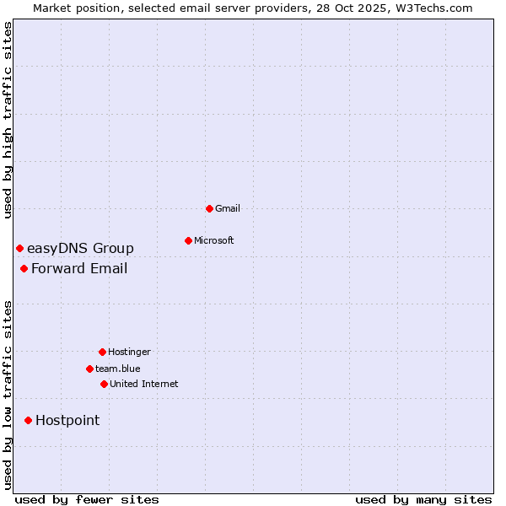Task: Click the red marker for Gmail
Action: pos(209,208)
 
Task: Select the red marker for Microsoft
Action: pos(188,240)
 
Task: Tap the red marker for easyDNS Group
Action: pos(19,248)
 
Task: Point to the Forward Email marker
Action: pos(24,268)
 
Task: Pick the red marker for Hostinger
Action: pos(102,352)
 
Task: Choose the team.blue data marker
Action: pos(89,369)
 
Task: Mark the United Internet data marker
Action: pos(104,384)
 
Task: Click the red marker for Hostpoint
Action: pos(28,420)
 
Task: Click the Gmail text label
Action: pos(228,208)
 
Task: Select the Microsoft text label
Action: pos(214,240)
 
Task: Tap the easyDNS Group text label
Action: pos(80,248)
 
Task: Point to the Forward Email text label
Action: pos(79,268)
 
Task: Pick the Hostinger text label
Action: pos(129,352)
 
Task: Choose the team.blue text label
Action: pos(118,369)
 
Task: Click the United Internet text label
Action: pos(144,384)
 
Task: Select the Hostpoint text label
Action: pos(67,420)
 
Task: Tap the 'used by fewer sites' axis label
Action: pos(87,499)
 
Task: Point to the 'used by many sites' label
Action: pos(423,499)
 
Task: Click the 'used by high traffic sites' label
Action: pos(8,120)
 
